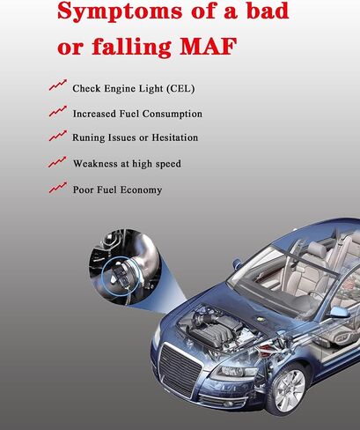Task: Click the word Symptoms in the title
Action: pos(120,12)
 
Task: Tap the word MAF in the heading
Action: pos(208,47)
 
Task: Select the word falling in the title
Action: pos(131,47)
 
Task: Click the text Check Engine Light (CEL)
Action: pos(134,89)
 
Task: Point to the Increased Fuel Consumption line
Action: pos(137,114)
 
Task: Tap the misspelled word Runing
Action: pos(88,138)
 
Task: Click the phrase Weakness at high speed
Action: pos(127,164)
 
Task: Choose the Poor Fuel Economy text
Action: pos(117,189)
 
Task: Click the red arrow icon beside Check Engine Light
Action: pos(58,85)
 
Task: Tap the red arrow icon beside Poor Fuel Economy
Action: pos(58,188)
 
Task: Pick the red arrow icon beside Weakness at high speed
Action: pos(57,161)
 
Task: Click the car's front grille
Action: pos(180,369)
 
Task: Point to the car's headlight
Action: pos(232,372)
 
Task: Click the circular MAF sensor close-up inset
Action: pos(125,267)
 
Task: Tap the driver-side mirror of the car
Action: pos(340,313)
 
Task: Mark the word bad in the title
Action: pos(268,11)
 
